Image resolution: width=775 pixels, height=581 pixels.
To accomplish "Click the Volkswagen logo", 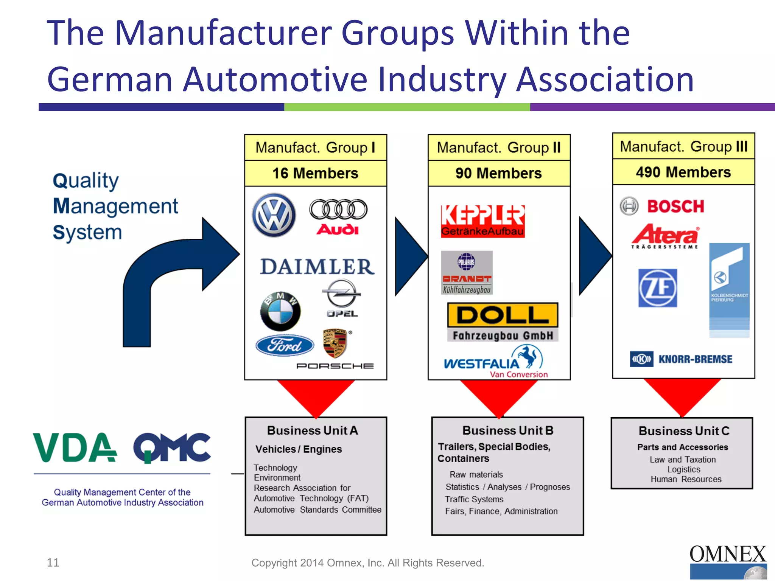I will click(274, 215).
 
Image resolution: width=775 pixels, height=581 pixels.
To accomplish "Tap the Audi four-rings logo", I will click(338, 209).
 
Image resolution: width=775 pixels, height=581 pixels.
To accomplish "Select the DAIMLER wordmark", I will click(317, 267).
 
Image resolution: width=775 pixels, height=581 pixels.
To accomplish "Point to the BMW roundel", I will click(280, 311).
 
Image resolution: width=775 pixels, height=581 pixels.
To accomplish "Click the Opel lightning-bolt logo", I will click(342, 294).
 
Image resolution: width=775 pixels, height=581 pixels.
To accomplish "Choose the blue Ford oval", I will click(285, 345).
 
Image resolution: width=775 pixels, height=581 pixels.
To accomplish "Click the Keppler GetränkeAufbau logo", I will click(482, 221).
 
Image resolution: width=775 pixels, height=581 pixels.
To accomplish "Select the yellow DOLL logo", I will click(503, 315).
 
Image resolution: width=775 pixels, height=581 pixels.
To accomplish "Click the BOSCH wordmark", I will click(675, 207).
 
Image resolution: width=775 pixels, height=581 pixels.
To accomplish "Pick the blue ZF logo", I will click(657, 288).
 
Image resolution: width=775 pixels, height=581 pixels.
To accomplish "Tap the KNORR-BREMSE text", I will click(695, 359).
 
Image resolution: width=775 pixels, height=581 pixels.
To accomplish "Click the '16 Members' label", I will click(315, 173).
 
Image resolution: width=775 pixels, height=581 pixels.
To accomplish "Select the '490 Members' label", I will click(683, 172).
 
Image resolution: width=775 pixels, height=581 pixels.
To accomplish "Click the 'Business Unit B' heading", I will click(507, 430).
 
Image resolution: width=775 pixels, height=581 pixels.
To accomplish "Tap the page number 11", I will click(53, 562).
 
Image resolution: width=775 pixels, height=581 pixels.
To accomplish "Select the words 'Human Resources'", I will click(686, 479).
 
